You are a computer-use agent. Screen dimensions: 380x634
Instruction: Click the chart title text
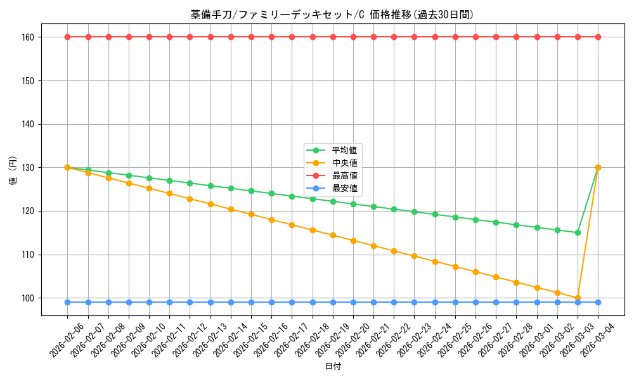332,15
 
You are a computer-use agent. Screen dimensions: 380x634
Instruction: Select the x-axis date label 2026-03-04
598,339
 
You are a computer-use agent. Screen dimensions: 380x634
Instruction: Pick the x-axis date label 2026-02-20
353,339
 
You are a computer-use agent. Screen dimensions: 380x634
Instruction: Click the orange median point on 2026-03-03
578,298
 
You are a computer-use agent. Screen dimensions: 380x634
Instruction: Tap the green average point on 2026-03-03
578,232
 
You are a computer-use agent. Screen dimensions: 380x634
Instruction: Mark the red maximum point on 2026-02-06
68,37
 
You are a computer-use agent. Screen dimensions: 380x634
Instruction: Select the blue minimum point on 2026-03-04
598,302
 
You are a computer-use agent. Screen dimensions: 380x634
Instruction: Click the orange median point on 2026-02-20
353,241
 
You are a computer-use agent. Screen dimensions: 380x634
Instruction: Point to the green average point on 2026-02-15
251,191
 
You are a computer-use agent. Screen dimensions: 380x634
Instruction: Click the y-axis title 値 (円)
13,172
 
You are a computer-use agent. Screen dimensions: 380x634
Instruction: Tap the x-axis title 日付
332,367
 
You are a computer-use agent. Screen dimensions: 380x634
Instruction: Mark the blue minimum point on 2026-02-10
149,302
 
